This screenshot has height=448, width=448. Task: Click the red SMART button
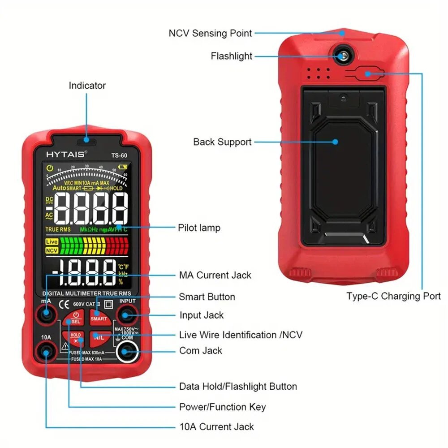pos(99,318)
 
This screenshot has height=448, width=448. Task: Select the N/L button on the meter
pos(99,337)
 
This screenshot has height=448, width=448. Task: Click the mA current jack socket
pos(46,317)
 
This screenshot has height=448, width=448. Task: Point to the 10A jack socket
pos(46,352)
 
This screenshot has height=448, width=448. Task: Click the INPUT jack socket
pos(127,317)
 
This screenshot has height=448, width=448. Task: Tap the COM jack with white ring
pos(127,352)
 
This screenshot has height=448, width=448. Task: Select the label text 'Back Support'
pos(222,142)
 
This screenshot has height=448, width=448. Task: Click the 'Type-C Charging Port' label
pos(393,296)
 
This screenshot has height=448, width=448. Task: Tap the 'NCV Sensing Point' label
pos(210,33)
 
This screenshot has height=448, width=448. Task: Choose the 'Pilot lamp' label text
pos(199,228)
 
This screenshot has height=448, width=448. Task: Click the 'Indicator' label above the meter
pos(87,86)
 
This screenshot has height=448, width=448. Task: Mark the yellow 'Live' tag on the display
pos(52,242)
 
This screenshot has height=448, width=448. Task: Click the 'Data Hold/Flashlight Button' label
pos(238,386)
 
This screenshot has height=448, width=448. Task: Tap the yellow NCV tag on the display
pos(52,250)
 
